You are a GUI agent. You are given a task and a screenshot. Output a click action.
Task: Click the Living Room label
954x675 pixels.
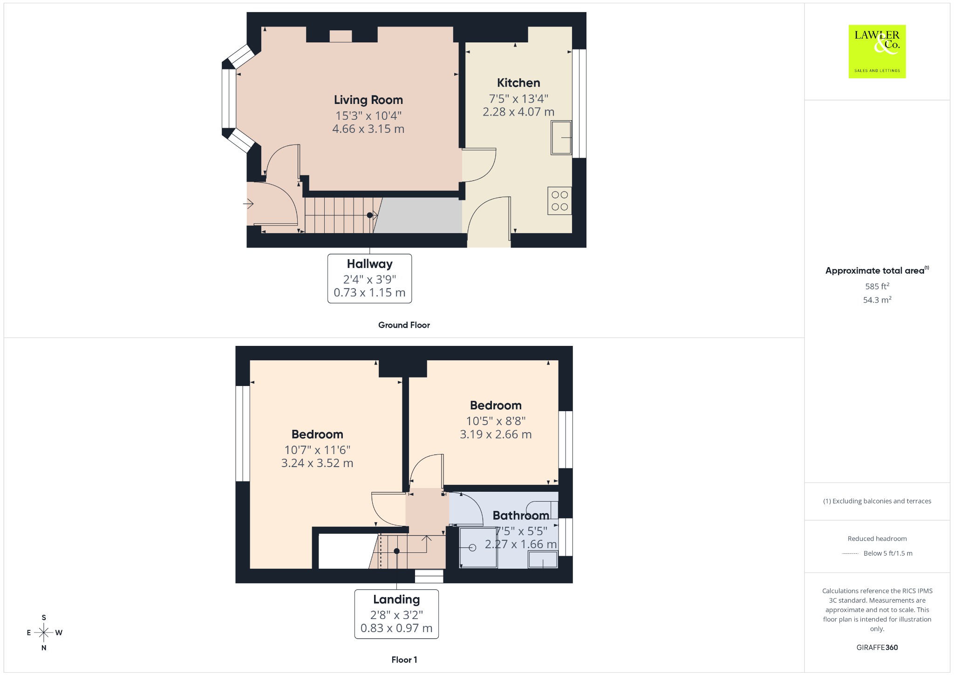pos(368,100)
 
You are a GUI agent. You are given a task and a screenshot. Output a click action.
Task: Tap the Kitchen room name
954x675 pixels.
pos(518,83)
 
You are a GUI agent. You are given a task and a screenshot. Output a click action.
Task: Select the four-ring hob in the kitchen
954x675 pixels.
pos(559,201)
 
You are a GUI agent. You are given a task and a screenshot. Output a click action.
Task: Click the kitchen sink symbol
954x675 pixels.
pos(561,138)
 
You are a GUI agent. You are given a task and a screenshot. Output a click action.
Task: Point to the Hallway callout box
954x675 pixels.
pos(369,278)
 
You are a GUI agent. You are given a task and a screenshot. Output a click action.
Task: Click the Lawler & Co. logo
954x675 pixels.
pos(877,51)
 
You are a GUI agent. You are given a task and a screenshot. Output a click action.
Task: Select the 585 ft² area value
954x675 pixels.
pos(877,286)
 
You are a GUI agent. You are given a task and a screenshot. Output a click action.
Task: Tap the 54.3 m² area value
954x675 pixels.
pos(877,300)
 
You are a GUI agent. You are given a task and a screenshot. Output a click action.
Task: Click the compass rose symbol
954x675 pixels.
pos(44,633)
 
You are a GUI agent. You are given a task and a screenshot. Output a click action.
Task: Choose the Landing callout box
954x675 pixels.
pos(396,614)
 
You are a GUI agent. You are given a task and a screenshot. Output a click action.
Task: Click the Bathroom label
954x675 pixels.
pos(521,516)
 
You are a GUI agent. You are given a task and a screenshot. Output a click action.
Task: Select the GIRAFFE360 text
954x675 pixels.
pos(877,647)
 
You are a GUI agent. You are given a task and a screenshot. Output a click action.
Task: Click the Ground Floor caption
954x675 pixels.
pos(404,325)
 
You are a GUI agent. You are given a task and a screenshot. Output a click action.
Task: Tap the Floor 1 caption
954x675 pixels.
pos(404,660)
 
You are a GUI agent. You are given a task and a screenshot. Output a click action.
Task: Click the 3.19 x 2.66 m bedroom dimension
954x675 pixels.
pos(496,434)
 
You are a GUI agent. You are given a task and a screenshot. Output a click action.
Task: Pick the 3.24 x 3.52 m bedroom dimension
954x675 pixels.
pos(317,463)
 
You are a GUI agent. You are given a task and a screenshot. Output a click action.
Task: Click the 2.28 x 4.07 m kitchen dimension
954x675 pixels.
pos(518,112)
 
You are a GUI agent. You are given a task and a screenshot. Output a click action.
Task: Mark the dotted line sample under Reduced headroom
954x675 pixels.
pos(850,554)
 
